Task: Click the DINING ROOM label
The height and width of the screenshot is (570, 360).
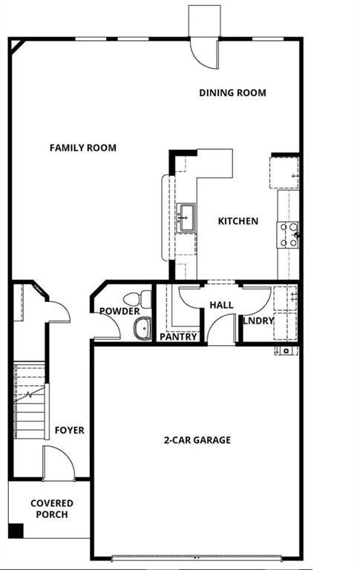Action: (x=232, y=93)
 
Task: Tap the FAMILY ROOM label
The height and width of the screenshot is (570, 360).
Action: (x=82, y=148)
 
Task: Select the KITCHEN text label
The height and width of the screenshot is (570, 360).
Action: (x=238, y=221)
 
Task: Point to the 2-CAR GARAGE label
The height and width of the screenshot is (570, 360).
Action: (x=197, y=440)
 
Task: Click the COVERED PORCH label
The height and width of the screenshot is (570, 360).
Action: (x=51, y=509)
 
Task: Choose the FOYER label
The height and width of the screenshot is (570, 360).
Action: (x=69, y=430)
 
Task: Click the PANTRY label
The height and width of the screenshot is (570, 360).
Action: (x=179, y=337)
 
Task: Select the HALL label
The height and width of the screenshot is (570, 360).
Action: (x=221, y=305)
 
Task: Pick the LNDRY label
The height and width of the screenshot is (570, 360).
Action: (x=258, y=321)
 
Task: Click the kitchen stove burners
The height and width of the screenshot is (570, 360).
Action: (x=288, y=235)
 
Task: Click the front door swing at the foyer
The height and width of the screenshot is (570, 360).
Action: (x=58, y=463)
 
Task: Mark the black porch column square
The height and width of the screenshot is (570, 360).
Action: (x=16, y=531)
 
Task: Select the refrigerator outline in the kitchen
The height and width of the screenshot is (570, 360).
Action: (x=284, y=172)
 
